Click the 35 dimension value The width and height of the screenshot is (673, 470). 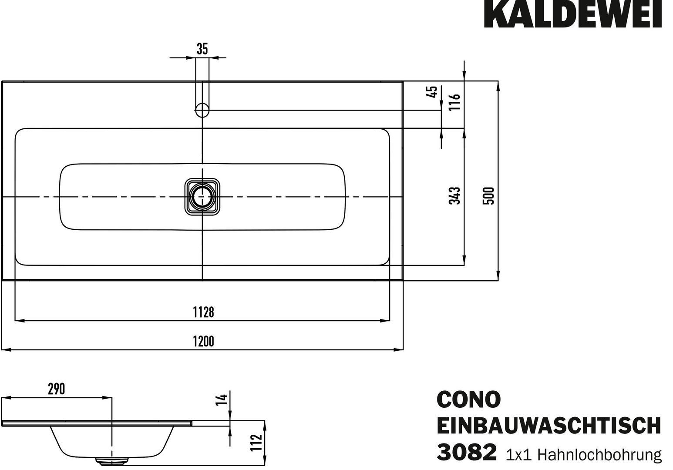click(x=202, y=49)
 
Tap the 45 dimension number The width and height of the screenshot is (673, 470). click(x=431, y=91)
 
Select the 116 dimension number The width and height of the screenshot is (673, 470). click(x=454, y=102)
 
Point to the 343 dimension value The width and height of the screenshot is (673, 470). click(x=454, y=195)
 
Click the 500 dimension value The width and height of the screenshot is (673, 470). click(x=488, y=196)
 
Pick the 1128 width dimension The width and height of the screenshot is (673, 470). click(x=203, y=312)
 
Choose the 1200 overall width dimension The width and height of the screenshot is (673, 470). click(x=203, y=342)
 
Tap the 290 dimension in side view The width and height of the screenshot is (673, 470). click(x=57, y=389)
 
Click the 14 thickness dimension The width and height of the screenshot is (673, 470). click(x=222, y=400)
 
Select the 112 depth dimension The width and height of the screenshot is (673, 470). click(x=256, y=443)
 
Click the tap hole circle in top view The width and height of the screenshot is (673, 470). click(x=202, y=110)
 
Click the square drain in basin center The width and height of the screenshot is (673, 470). click(x=202, y=197)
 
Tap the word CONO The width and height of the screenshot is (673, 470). click(x=469, y=399)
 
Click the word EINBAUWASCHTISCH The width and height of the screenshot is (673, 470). click(x=549, y=426)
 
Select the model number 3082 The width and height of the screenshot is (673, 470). click(x=467, y=453)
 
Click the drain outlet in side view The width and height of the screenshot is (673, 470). click(x=112, y=460)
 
